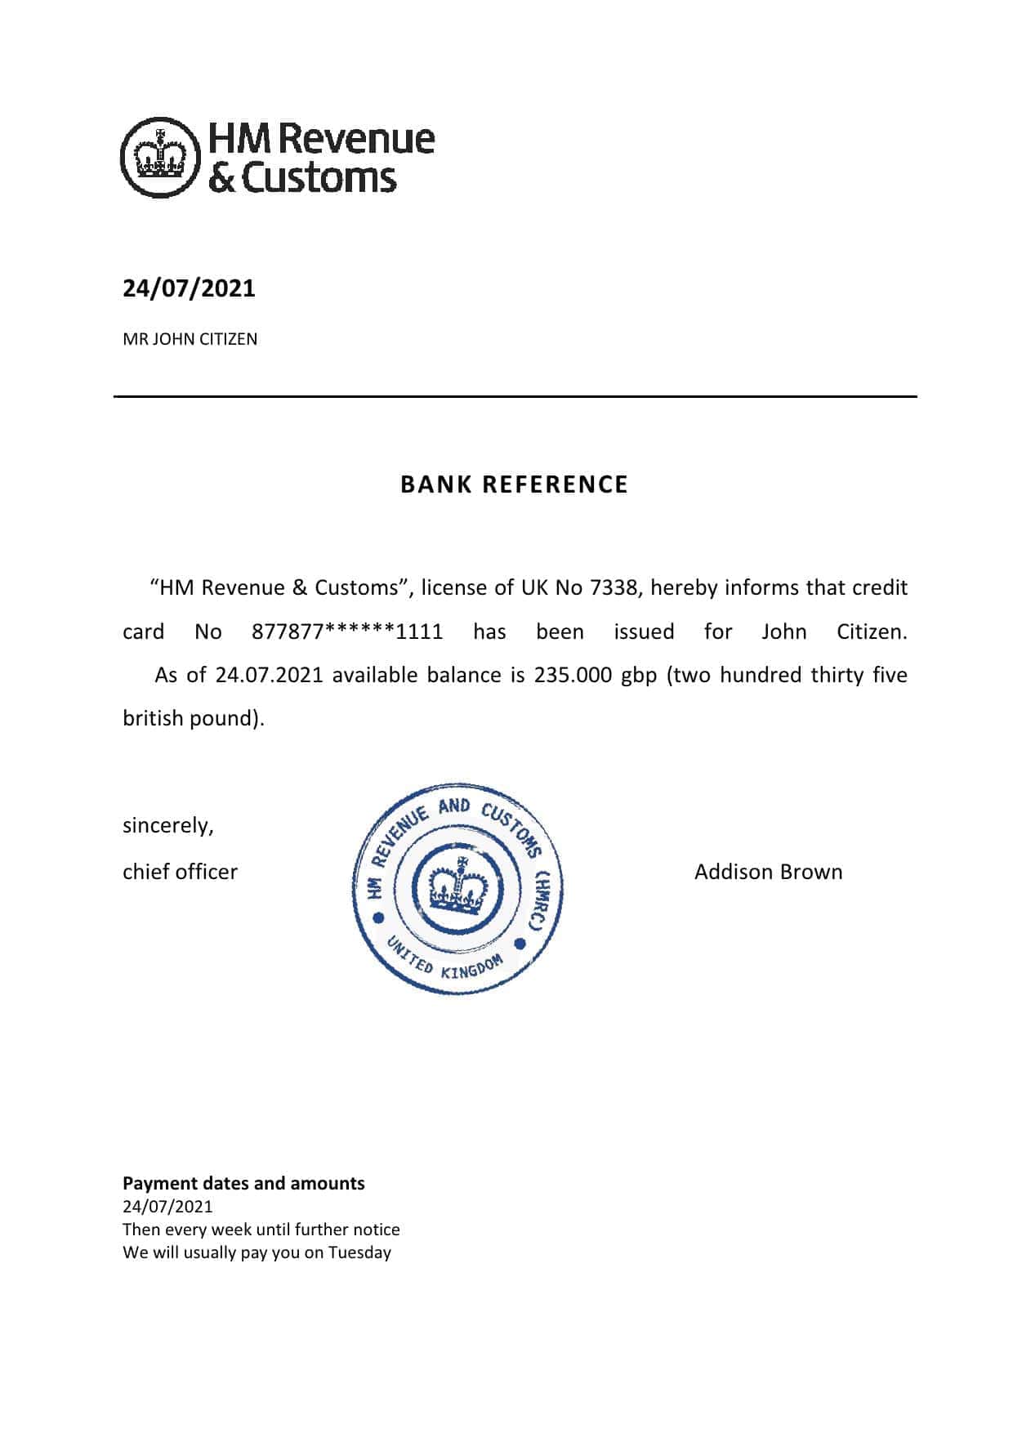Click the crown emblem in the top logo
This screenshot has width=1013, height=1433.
coord(160,157)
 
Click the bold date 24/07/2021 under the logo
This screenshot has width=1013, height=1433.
coord(189,288)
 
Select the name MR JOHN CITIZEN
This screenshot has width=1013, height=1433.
coord(190,339)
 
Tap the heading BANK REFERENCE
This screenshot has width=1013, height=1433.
coord(514,484)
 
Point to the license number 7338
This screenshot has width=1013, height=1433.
coord(614,587)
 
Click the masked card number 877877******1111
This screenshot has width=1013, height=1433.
coord(347,632)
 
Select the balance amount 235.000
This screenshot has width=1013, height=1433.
coord(572,675)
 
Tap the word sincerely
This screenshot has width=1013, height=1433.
coord(168,825)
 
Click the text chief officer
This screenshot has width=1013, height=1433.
coord(180,872)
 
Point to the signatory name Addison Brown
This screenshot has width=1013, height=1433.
coord(768,872)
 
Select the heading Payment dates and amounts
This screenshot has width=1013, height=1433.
coord(243,1183)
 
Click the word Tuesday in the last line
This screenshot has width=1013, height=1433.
coord(359,1252)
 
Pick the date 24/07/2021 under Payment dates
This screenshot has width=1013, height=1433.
coord(167,1207)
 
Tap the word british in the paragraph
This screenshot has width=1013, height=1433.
coord(153,718)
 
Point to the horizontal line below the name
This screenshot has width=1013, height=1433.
coord(515,396)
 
